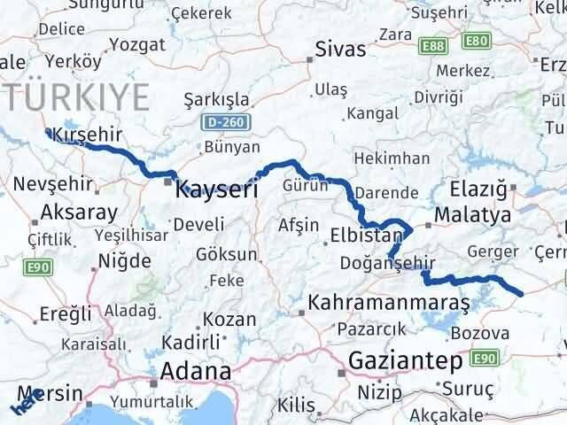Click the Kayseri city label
pyautogui.click(x=217, y=189)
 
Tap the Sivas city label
pyautogui.click(x=341, y=49)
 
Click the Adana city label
pyautogui.click(x=196, y=370)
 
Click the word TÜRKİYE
pyautogui.click(x=75, y=96)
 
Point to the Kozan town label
pyautogui.click(x=229, y=319)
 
